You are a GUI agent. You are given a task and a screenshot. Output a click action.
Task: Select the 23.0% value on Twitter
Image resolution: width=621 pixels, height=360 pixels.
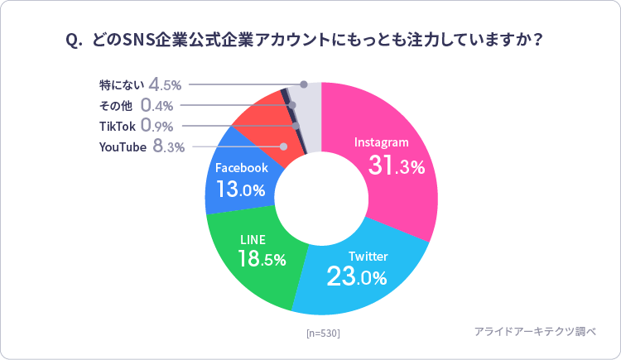click(357, 277)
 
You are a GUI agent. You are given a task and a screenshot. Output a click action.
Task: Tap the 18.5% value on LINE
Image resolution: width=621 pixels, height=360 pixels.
click(262, 258)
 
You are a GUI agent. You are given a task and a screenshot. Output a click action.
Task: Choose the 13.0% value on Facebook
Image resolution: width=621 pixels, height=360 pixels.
click(241, 190)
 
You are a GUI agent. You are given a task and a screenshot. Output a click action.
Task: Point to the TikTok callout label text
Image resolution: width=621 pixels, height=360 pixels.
click(118, 126)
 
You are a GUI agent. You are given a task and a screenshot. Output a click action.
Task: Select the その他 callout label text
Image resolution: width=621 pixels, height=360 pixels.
click(116, 105)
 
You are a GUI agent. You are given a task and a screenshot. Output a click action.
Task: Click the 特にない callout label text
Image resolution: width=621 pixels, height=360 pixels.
click(121, 84)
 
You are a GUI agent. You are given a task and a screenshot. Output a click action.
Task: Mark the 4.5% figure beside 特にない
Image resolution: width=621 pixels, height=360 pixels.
click(166, 84)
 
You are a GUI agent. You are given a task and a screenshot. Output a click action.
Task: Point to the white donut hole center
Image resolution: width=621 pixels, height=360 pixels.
click(321, 199)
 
